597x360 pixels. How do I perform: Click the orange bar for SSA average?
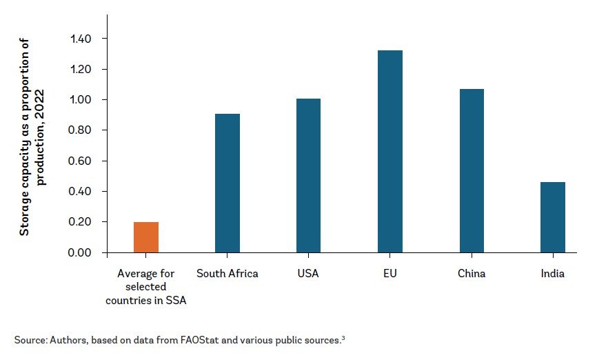146,237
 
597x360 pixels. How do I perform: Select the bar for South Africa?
227,183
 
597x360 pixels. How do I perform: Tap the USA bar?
309,176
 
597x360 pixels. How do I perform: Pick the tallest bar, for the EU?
390,152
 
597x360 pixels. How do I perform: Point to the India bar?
553,217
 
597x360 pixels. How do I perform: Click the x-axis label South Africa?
227,274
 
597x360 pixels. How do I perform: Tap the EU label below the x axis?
390,274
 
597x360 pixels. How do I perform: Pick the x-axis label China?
472,274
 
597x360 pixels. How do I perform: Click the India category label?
553,274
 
